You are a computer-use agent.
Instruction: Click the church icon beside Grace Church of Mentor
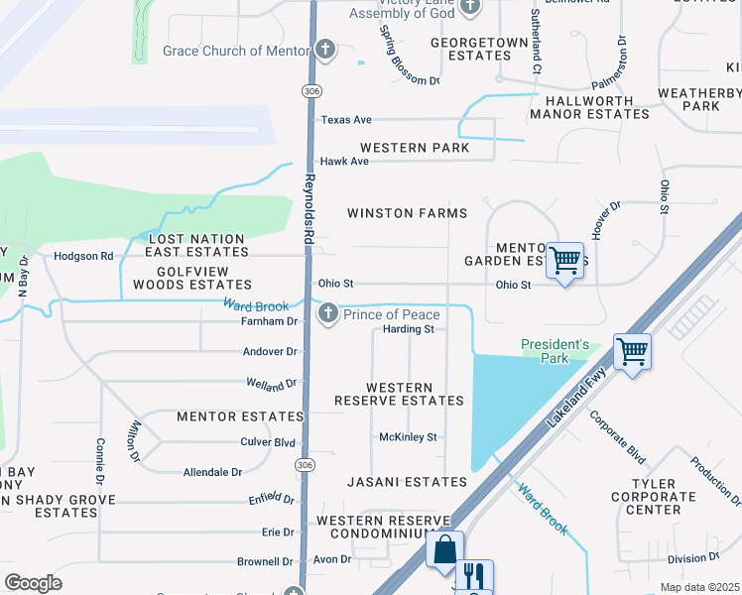[325, 51]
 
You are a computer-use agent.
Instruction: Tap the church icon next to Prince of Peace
[327, 314]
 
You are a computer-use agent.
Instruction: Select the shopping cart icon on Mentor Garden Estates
[564, 261]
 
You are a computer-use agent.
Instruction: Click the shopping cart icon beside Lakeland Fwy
[632, 350]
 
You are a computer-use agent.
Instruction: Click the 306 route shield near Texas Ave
[309, 90]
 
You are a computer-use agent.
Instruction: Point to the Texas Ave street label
[345, 120]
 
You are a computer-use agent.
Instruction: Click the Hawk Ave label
[343, 162]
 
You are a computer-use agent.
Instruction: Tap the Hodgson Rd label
[83, 256]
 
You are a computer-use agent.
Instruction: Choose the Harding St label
[409, 329]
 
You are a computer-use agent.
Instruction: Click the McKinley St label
[408, 437]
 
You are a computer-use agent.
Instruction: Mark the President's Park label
[556, 351]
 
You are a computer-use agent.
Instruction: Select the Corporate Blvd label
[617, 434]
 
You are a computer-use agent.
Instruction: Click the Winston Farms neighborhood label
[407, 213]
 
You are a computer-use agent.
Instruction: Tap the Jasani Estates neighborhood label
[407, 482]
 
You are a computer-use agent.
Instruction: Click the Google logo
[33, 582]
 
